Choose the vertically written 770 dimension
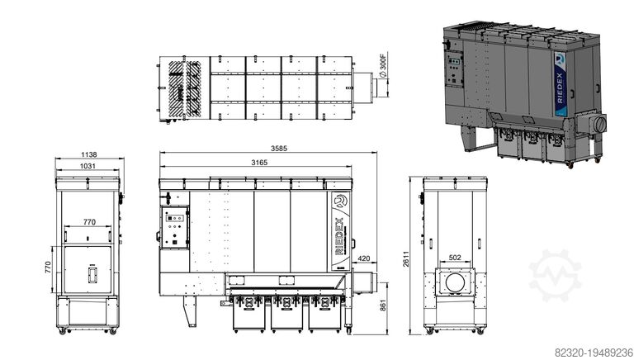click(49, 267)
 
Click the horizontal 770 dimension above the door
click(88, 223)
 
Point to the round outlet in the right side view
click(453, 282)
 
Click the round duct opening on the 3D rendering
click(599, 123)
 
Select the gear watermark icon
click(555, 273)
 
